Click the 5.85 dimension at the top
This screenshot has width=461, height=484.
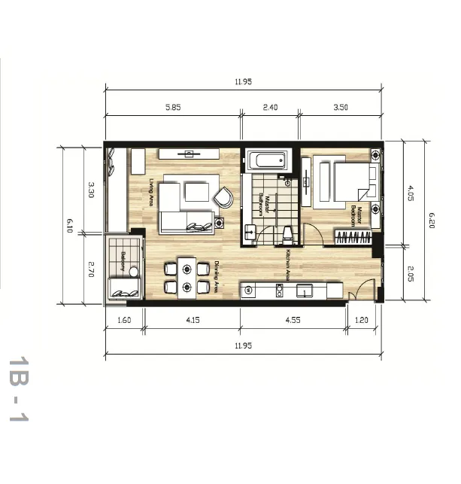(x=173, y=108)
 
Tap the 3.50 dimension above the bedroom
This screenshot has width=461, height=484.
(x=341, y=108)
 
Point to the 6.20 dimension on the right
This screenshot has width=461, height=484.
(x=432, y=220)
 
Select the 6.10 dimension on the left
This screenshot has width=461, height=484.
(x=69, y=225)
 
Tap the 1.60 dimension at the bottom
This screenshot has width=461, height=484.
(x=124, y=320)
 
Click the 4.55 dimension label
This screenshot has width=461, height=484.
(x=293, y=320)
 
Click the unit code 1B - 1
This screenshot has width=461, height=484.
(x=18, y=389)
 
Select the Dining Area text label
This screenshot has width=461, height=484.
(x=217, y=276)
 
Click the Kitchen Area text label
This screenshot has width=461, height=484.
(x=288, y=263)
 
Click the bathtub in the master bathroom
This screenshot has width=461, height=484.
(x=268, y=160)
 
